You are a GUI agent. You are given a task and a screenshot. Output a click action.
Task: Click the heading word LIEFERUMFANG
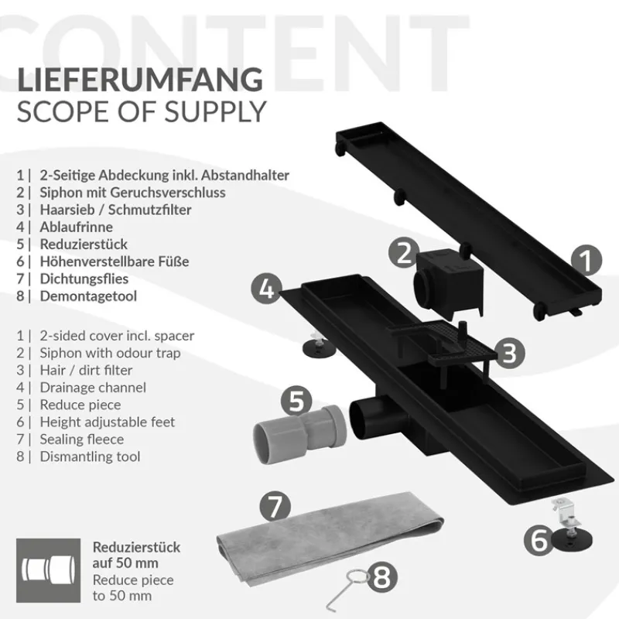(x=140, y=80)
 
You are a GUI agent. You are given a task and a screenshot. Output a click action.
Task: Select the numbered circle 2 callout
(x=403, y=253)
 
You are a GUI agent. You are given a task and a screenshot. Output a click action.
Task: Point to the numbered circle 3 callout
(x=508, y=353)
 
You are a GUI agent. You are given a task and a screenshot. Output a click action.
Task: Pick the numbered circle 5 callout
(x=296, y=401)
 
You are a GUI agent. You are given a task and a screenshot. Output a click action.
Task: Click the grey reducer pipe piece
(x=298, y=438)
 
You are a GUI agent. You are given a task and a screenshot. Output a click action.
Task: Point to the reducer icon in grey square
(x=47, y=570)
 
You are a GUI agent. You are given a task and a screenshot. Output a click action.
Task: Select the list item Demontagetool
(x=84, y=295)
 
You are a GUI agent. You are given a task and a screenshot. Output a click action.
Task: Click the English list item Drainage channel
(x=93, y=388)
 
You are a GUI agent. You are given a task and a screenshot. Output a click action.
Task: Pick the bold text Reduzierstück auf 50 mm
(x=136, y=556)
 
